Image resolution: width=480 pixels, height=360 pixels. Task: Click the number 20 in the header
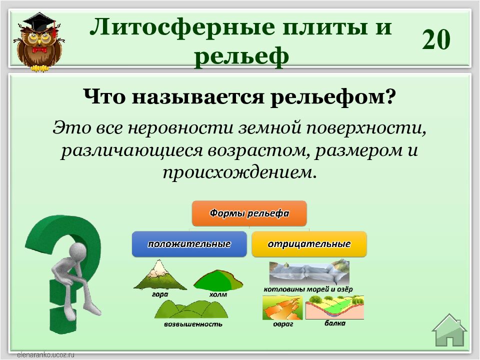(x=436, y=39)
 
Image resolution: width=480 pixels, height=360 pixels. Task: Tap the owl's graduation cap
(x=39, y=22)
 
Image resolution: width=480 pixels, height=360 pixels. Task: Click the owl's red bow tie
(x=39, y=49)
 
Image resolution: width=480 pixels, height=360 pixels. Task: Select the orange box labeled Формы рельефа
(x=249, y=213)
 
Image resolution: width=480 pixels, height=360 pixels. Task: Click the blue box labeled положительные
(x=189, y=244)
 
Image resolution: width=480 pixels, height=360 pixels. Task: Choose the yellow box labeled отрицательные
(x=309, y=244)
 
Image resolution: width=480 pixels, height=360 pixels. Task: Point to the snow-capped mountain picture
(x=160, y=275)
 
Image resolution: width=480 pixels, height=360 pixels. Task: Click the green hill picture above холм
(x=218, y=280)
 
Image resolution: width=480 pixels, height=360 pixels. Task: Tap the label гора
(x=160, y=294)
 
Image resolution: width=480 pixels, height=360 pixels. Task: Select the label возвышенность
(x=193, y=324)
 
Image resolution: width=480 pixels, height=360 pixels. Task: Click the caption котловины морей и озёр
(x=308, y=289)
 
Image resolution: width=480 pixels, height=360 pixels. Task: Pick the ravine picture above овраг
(x=282, y=307)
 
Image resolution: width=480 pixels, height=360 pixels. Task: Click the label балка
(x=335, y=323)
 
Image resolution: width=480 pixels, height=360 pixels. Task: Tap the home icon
(x=449, y=330)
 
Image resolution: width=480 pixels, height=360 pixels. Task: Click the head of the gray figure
(x=78, y=252)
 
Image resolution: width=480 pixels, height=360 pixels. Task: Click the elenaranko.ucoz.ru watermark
(x=46, y=355)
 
